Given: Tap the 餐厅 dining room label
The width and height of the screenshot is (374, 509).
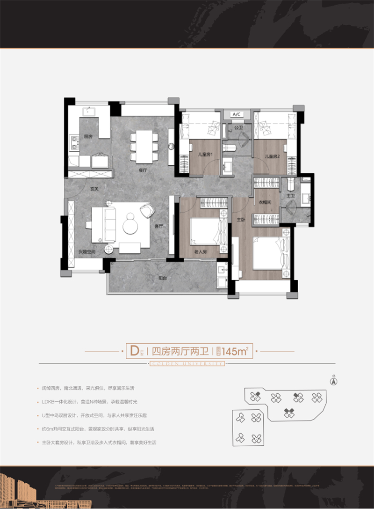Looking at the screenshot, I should pos(143,171).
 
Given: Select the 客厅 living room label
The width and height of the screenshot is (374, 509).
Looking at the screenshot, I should pos(158,226).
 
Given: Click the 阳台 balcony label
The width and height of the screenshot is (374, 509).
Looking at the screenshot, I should pos(163,278).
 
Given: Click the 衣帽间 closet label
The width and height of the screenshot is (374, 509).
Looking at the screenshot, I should pos(266,203).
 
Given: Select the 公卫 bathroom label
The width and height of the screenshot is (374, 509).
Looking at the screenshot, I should pos(238,127).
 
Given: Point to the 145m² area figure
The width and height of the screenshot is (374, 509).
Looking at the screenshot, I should pos(235,350).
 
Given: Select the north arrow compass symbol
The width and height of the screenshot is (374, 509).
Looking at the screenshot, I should pos(333,381).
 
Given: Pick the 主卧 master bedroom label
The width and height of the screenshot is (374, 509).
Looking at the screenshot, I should pos(240,219).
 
